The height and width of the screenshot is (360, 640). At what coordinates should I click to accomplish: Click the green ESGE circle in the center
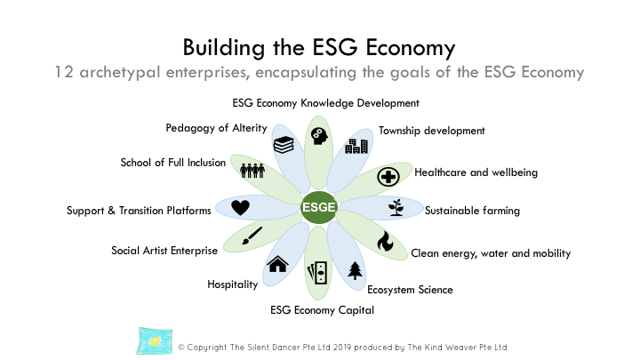tap(318, 208)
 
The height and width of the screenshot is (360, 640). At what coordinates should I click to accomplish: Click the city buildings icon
tap(356, 146)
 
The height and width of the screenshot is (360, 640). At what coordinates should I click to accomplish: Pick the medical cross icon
tap(387, 176)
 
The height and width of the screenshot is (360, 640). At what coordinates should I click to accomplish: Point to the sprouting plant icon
tap(396, 208)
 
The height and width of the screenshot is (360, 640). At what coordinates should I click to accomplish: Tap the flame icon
tap(384, 241)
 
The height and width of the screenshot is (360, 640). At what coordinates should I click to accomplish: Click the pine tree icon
tap(356, 269)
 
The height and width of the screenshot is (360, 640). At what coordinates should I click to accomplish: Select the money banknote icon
tap(317, 272)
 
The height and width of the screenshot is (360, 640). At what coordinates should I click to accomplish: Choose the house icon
tap(277, 263)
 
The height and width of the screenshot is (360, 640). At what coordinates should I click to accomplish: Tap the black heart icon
tap(240, 208)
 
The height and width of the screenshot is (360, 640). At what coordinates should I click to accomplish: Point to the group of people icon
tap(252, 171)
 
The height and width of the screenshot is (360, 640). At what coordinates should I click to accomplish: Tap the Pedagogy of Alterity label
tap(216, 128)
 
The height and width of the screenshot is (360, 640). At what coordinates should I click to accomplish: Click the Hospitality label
tap(232, 284)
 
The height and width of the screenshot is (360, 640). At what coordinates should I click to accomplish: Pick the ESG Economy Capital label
tap(322, 310)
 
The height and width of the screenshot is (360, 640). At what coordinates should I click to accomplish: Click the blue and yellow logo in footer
tap(154, 340)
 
